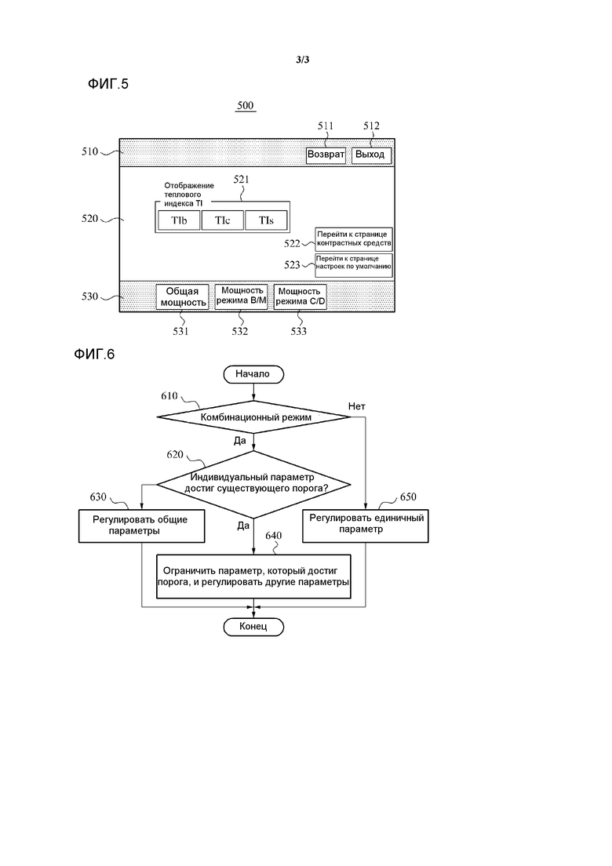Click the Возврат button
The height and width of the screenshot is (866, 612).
click(x=326, y=155)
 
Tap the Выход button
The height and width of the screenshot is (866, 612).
click(x=370, y=155)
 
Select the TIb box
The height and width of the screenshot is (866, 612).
click(x=179, y=221)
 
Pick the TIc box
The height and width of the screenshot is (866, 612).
click(x=223, y=221)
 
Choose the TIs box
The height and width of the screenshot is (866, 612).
click(x=267, y=221)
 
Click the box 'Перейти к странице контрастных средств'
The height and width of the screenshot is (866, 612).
click(x=353, y=239)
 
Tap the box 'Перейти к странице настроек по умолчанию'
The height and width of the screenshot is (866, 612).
click(x=353, y=265)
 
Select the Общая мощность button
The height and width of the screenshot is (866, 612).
click(x=182, y=297)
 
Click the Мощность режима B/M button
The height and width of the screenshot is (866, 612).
click(x=241, y=297)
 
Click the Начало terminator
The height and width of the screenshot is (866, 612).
click(x=253, y=374)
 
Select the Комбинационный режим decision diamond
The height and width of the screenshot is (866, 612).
click(x=256, y=417)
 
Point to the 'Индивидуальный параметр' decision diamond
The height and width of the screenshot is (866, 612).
click(x=254, y=482)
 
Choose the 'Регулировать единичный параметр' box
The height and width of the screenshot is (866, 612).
click(x=366, y=523)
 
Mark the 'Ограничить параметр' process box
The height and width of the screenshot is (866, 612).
click(x=253, y=577)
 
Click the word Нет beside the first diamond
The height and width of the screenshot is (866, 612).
click(x=357, y=406)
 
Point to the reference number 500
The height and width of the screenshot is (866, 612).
click(x=245, y=104)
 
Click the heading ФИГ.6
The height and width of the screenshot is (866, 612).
click(x=95, y=355)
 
